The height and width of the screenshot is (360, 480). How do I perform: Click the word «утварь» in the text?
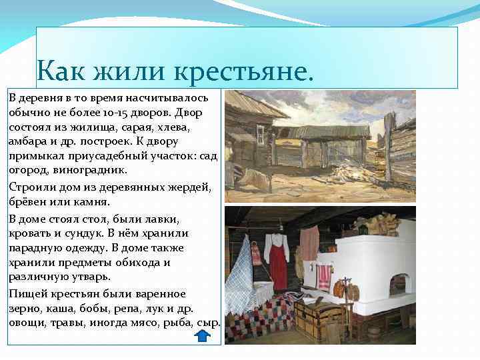(91, 276)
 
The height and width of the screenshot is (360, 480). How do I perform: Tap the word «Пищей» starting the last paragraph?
(26, 294)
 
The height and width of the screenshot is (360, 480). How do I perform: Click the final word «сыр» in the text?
(207, 323)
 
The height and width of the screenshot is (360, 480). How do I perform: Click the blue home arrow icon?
(202, 335)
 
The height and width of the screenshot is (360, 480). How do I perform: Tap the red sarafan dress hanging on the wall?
(278, 260)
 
